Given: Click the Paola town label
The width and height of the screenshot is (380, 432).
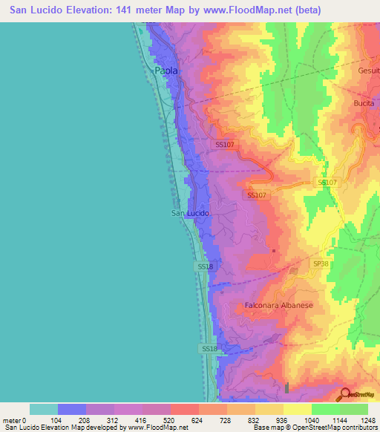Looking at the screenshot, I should click(x=167, y=71).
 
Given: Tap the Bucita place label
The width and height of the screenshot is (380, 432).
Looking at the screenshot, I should click(x=365, y=102).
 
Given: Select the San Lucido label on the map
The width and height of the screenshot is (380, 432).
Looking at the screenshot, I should click(x=190, y=213).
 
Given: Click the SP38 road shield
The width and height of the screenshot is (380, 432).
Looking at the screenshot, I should click(x=320, y=264).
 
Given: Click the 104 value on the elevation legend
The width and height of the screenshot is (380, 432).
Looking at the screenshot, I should click(x=57, y=419).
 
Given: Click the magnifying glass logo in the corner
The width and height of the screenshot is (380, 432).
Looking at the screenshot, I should click(x=346, y=394).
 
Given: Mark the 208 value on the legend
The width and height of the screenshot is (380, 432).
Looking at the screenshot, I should click(x=85, y=419).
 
